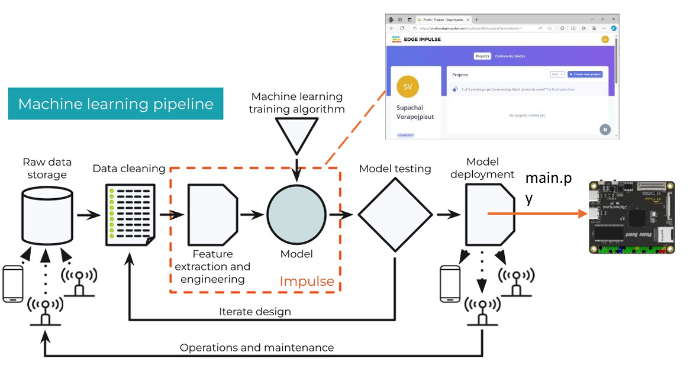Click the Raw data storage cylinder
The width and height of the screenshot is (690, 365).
point(47,216)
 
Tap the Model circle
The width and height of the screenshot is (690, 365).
point(296,215)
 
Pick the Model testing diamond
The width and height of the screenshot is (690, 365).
point(395,215)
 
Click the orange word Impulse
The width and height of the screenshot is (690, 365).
point(307,281)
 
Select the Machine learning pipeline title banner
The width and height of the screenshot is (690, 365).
point(115,104)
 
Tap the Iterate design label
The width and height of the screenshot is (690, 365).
point(254,311)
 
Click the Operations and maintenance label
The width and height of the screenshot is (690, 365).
point(257,347)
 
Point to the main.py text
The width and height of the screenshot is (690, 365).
point(548,188)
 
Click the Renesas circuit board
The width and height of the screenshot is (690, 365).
point(632,218)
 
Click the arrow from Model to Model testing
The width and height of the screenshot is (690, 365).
point(341,215)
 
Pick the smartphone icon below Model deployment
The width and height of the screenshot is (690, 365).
point(451,285)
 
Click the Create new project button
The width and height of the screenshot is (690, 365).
point(585,75)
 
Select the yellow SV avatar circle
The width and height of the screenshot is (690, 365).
point(408,87)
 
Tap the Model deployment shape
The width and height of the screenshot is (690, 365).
point(489,215)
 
